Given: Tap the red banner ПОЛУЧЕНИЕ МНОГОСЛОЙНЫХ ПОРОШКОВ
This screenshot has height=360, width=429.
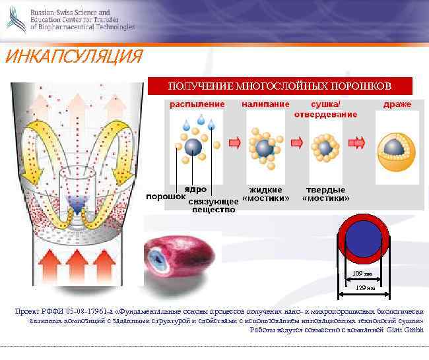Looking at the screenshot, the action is (x=280, y=86).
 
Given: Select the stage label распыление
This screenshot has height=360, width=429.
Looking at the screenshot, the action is (x=197, y=104).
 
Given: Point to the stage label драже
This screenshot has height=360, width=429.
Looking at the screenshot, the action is (x=397, y=104).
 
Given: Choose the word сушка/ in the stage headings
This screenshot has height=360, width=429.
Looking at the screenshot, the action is (x=326, y=104).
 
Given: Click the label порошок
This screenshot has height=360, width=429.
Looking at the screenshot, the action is (x=165, y=196).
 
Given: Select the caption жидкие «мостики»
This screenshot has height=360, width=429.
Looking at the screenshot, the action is (x=266, y=194).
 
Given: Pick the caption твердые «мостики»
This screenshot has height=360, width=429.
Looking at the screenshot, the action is (x=325, y=194).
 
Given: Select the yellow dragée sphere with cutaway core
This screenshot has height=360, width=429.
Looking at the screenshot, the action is (x=397, y=146).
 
